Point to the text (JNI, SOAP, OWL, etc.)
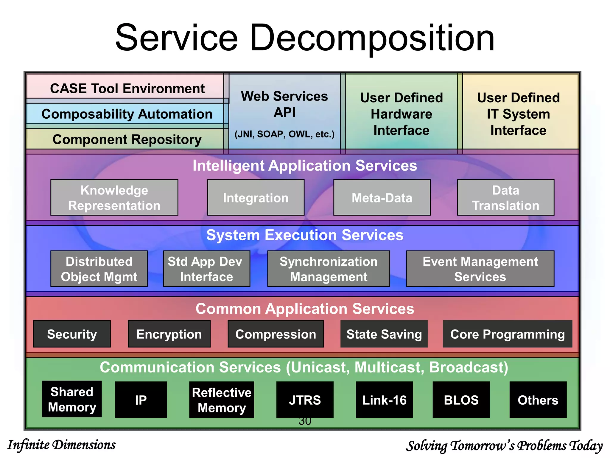pos(284,134)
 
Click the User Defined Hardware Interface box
pos(401,114)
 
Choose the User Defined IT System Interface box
pos(518,114)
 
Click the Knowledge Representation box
pos(114,197)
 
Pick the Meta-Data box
pos(382,197)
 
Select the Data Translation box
pos(505,197)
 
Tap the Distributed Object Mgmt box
pos(99,269)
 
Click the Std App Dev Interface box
pos(206,269)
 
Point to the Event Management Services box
pos(480,269)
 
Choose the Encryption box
pos(169,334)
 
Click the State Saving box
pos(384,334)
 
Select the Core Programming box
pos(507,334)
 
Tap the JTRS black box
pos(305,400)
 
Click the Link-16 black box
pos(384,400)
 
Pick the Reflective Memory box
pos(222,400)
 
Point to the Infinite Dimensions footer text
pos(61,445)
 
